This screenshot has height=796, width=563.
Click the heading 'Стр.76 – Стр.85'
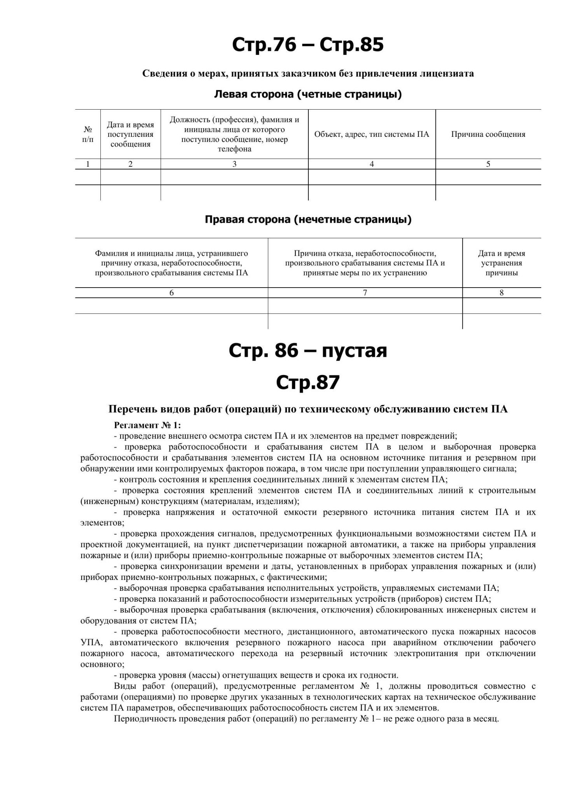[308, 45]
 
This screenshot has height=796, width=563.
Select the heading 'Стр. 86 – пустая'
[308, 351]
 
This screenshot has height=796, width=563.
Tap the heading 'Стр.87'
[308, 382]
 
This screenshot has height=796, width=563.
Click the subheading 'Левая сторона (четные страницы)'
[308, 94]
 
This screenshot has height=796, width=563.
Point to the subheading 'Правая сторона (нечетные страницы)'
[308, 220]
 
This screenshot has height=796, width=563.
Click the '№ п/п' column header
[88, 134]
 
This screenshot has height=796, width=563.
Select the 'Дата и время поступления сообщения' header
[130, 134]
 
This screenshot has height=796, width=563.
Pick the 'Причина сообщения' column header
[488, 134]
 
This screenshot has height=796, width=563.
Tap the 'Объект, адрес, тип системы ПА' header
[372, 134]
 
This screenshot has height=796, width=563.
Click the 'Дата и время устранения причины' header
[501, 263]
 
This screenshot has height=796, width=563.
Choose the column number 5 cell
[488, 164]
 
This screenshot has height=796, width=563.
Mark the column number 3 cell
[234, 164]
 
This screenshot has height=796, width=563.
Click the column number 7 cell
[365, 293]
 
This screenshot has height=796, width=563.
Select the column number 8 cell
[501, 293]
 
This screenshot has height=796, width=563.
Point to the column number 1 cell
[88, 164]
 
